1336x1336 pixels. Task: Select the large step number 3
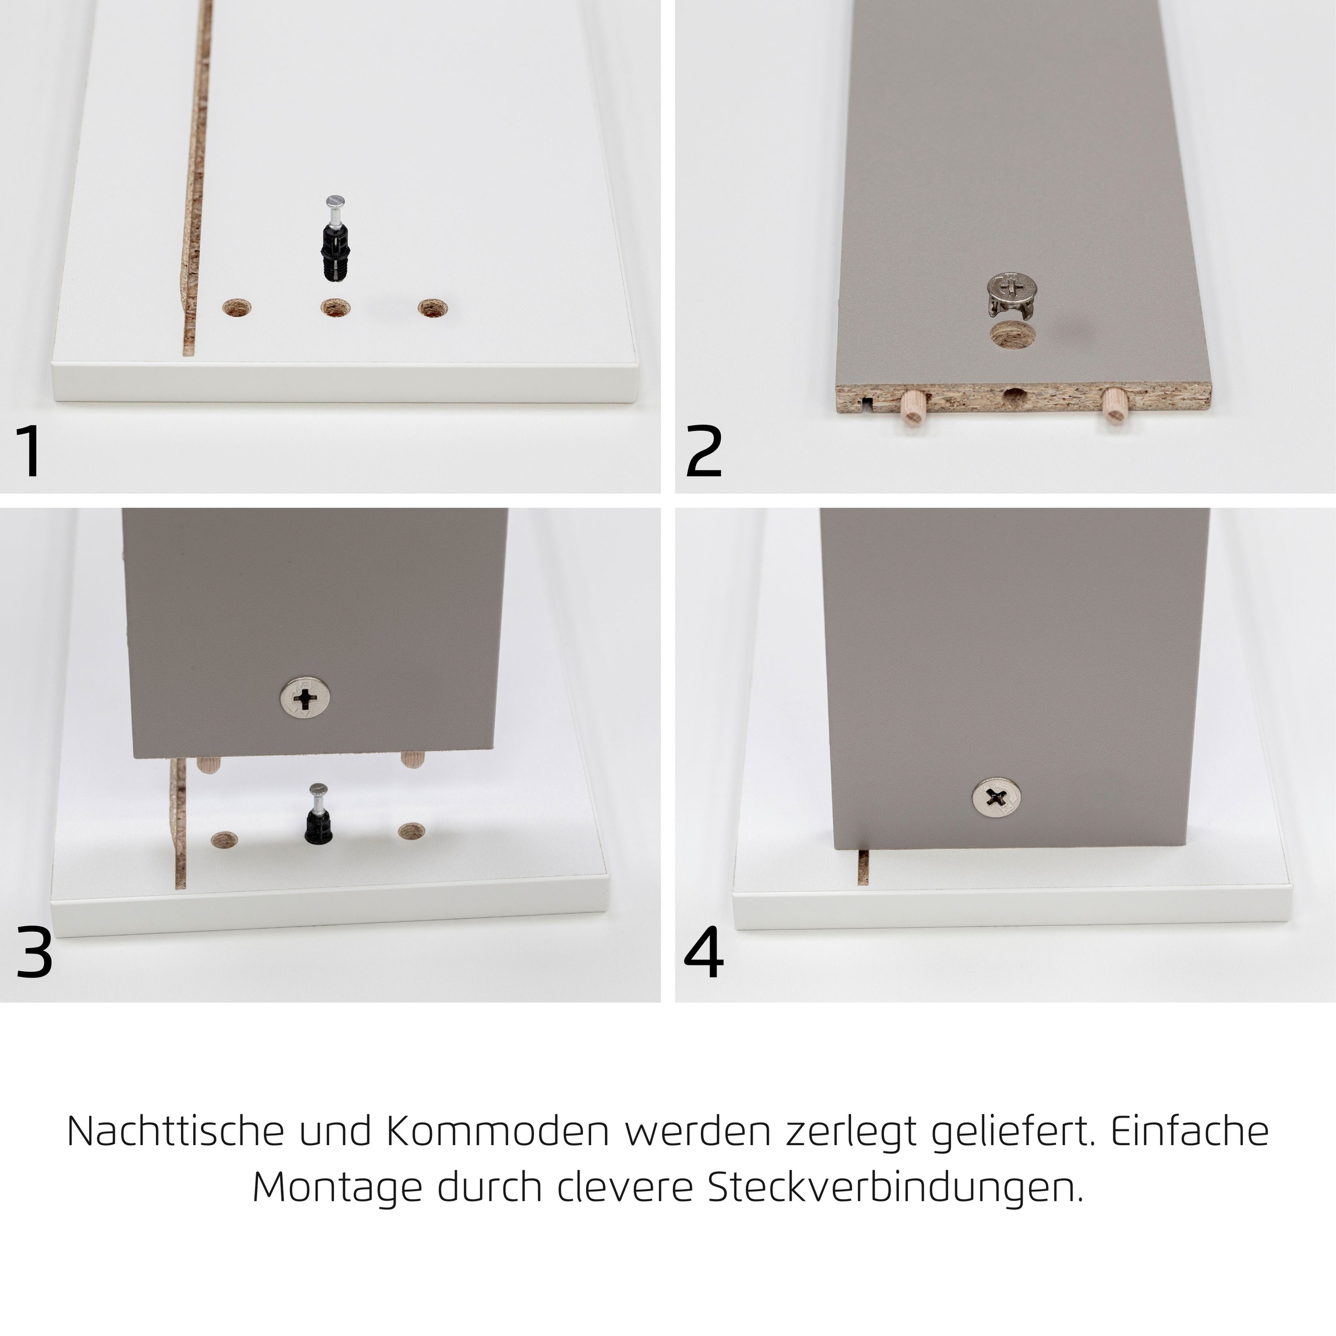pos(34,954)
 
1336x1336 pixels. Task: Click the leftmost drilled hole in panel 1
pos(237,308)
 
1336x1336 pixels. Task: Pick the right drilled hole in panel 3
pos(411,831)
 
